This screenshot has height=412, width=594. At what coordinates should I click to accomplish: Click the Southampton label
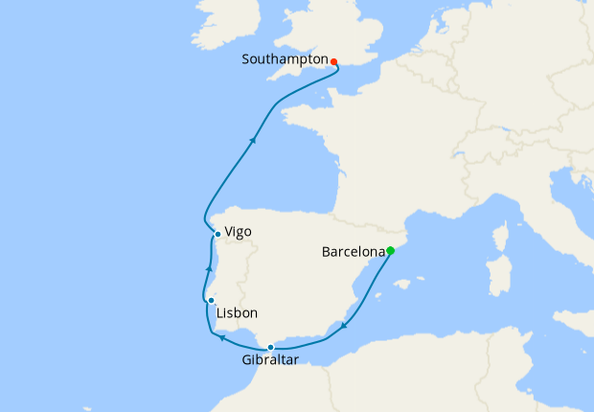(285, 59)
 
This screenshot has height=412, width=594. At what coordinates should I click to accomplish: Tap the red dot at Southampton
(333, 62)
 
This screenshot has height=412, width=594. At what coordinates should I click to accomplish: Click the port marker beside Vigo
(218, 235)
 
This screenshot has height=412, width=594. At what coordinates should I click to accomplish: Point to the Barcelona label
(353, 253)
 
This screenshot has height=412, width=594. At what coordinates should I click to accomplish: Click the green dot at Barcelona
(391, 251)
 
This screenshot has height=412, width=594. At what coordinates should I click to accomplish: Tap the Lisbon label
(237, 313)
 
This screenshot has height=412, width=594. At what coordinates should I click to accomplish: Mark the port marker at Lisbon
(211, 301)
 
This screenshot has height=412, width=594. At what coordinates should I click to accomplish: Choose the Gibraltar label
(270, 360)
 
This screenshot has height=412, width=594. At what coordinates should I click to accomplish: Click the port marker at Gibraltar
(271, 347)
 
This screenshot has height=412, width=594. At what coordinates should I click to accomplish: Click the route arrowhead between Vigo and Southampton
(253, 140)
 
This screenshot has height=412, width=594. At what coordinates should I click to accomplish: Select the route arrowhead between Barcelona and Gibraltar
(344, 327)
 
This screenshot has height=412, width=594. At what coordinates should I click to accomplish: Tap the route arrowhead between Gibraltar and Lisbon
(221, 337)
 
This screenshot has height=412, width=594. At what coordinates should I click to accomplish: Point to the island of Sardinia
(498, 277)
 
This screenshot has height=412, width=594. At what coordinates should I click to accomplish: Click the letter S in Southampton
(246, 59)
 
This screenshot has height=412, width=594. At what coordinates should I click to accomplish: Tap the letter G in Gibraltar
(244, 360)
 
